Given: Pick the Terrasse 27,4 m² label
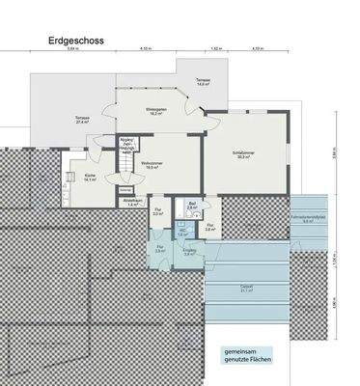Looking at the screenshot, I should [82, 120].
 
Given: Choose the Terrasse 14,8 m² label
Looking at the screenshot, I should [203, 82].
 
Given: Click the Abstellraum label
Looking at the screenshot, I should [133, 203].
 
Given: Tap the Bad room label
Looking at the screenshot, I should [192, 206].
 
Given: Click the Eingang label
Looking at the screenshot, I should [190, 254].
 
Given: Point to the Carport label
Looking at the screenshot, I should [247, 288].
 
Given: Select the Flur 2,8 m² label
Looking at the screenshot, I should [209, 228].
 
